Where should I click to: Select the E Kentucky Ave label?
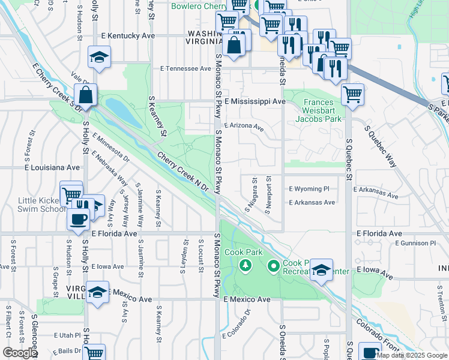[x=128, y=36]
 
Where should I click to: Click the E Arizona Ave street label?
[x=244, y=127]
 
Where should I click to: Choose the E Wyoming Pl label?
[x=309, y=188]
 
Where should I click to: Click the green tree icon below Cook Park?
[x=244, y=265]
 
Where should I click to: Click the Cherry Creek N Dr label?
[x=182, y=172]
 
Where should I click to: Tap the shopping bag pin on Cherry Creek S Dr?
[x=86, y=95]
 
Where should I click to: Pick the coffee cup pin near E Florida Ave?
[x=77, y=219]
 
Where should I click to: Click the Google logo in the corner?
[x=19, y=353]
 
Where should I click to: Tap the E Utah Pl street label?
[x=67, y=335]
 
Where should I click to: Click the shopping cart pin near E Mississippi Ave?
[x=352, y=94]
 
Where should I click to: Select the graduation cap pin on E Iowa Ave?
[x=322, y=270]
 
